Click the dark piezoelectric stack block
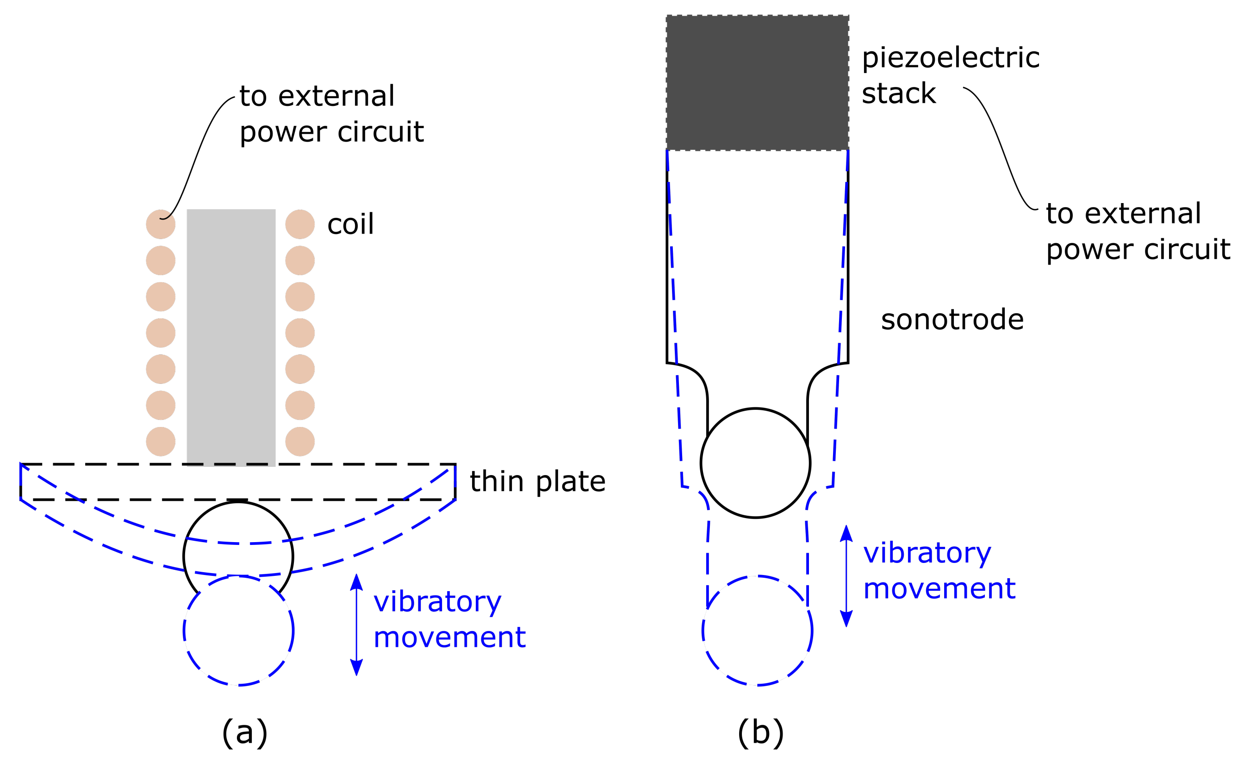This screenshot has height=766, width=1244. click(757, 83)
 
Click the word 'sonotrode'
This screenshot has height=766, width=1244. click(952, 320)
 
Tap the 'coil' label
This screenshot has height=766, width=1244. click(350, 224)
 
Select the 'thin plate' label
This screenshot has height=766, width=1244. click(537, 481)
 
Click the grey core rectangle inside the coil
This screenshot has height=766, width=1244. click(231, 334)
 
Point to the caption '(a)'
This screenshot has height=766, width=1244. click(244, 733)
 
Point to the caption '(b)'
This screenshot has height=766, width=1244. click(760, 733)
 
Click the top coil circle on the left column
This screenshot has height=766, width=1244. click(161, 224)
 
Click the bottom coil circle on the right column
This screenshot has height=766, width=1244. click(300, 441)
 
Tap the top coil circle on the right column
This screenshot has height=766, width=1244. click(300, 224)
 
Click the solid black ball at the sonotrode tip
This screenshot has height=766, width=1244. click(755, 463)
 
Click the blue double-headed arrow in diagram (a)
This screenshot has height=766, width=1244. click(356, 624)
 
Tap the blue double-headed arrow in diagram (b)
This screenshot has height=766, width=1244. click(846, 576)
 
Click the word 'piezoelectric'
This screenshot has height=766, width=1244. click(951, 58)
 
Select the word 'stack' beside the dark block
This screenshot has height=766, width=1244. click(898, 94)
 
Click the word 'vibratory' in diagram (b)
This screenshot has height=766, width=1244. click(927, 553)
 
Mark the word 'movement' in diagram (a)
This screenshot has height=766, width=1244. click(449, 637)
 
